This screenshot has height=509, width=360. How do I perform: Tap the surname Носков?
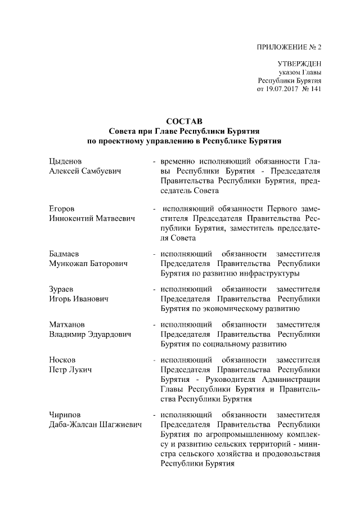tap(63, 359)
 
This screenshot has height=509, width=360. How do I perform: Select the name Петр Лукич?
tap(71, 370)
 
